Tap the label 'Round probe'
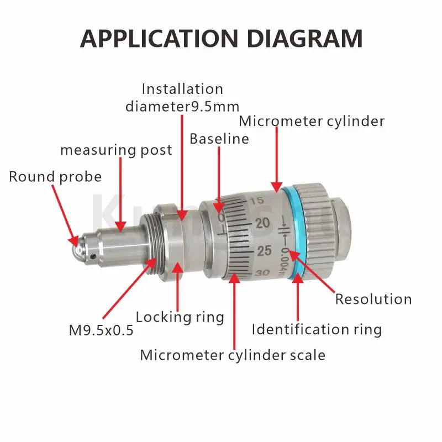[x=55, y=177]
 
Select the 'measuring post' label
[x=116, y=150]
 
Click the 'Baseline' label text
[x=219, y=139]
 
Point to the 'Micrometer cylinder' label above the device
[x=312, y=122]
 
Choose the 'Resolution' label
[x=373, y=299]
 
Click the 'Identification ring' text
[x=317, y=329]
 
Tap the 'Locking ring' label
[x=180, y=317]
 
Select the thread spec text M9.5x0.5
[x=101, y=330]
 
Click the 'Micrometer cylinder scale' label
[x=233, y=355]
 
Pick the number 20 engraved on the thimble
[x=262, y=223]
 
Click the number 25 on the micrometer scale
[x=264, y=251]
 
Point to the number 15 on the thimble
[x=257, y=201]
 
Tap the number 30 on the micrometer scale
[x=262, y=273]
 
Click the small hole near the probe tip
[x=93, y=256]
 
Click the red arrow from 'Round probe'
[x=65, y=215]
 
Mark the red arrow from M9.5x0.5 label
[x=129, y=288]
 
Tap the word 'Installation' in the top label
[x=182, y=89]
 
